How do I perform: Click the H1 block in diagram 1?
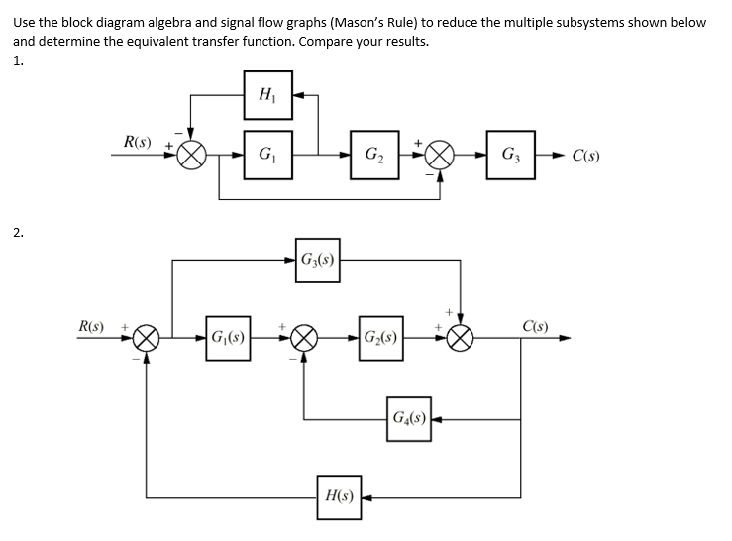point(268,95)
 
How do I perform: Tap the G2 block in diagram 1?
point(376,155)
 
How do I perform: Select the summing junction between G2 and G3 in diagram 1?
point(442,156)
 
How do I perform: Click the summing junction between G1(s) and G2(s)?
point(303,338)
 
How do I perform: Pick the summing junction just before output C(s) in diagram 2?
point(460,338)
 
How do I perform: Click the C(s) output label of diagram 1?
point(591,156)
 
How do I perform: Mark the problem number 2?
point(18,234)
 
